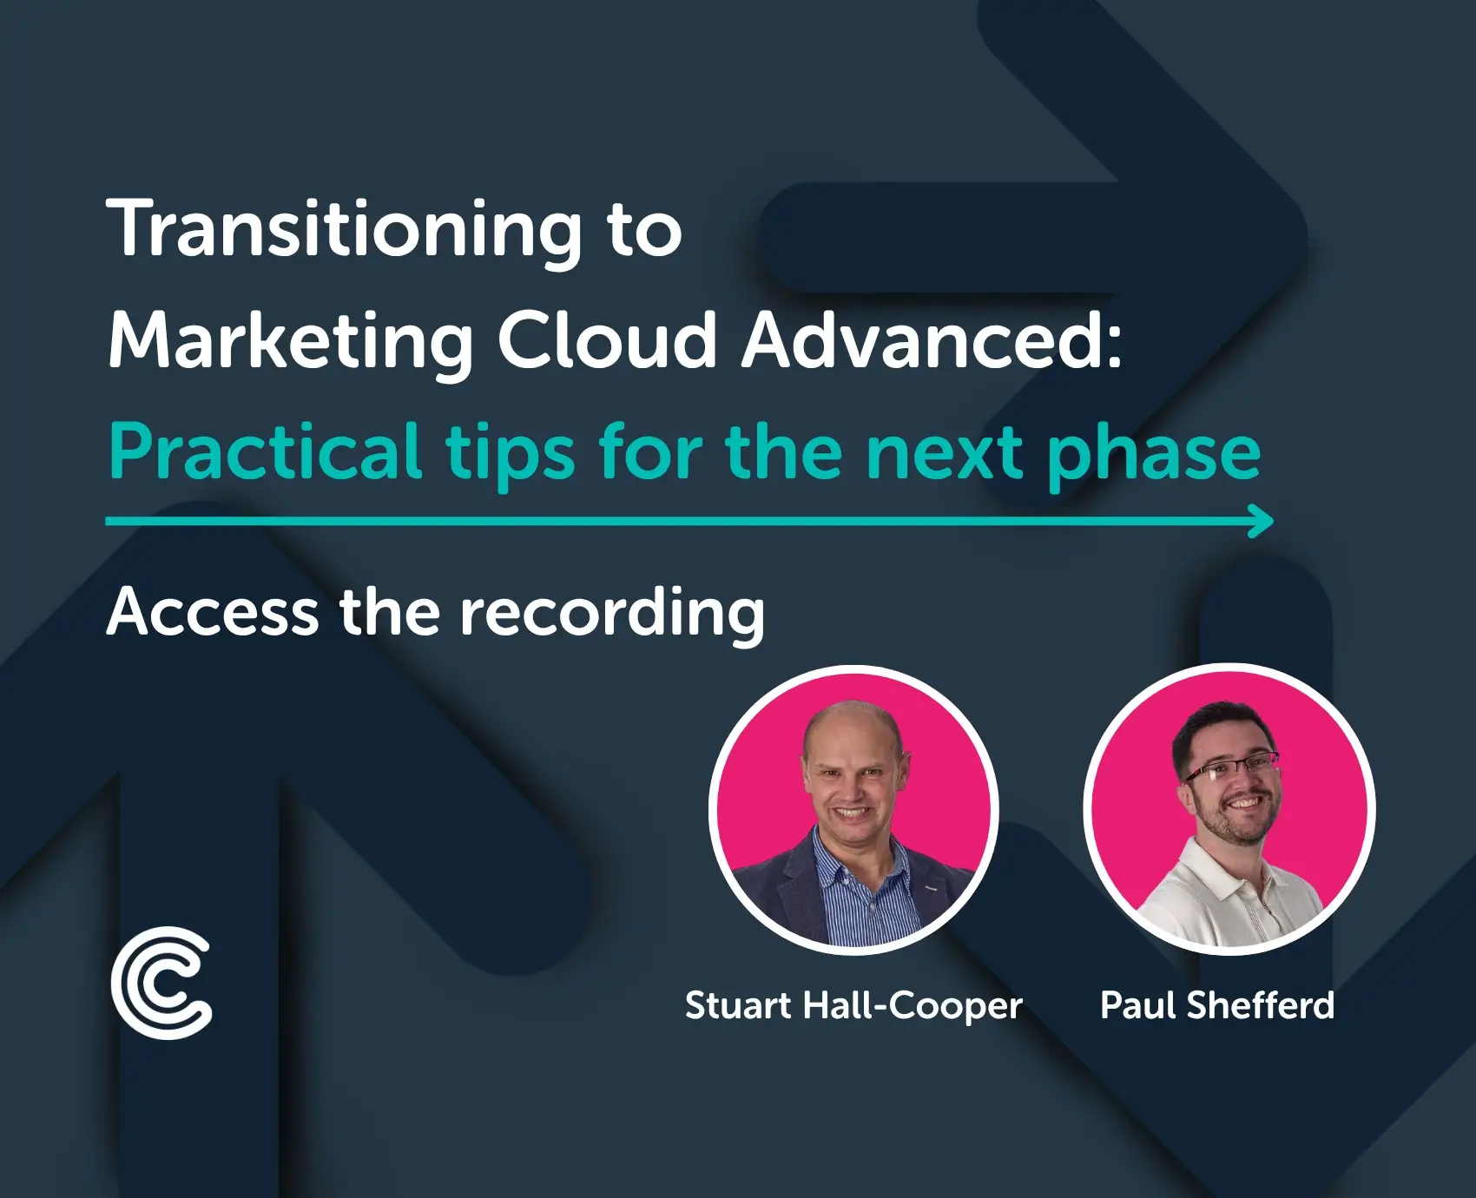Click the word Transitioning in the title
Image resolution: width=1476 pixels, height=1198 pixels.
[343, 230]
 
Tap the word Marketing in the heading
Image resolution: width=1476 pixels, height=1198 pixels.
[291, 341]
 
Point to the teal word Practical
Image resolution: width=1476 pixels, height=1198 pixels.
[265, 451]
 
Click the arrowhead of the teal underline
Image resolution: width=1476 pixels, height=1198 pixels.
[1262, 521]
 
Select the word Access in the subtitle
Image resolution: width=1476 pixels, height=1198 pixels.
[213, 612]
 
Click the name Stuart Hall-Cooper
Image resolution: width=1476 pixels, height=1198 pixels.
[853, 1005]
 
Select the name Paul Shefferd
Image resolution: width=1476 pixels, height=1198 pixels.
[1216, 1005]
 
